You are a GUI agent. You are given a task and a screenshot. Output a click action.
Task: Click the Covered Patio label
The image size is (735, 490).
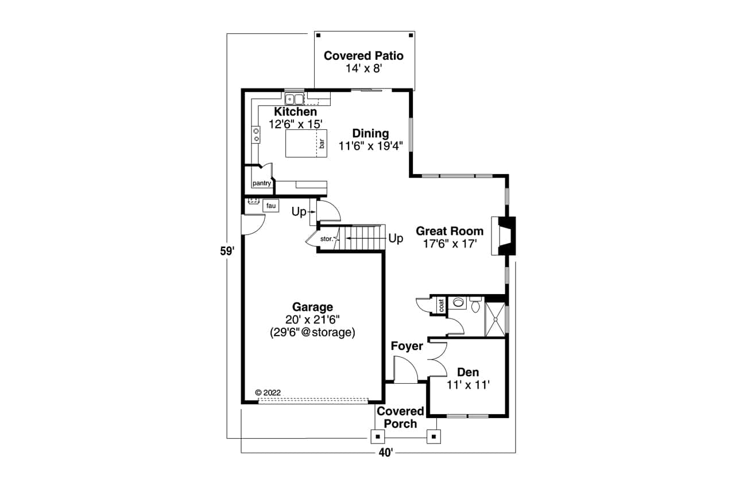363,56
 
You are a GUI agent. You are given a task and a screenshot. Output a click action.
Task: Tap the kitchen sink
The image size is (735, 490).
294,99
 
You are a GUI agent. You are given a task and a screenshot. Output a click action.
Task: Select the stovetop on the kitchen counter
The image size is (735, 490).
256,135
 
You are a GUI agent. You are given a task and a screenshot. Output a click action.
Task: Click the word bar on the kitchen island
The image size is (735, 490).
322,144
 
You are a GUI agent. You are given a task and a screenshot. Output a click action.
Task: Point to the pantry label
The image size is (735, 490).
262,183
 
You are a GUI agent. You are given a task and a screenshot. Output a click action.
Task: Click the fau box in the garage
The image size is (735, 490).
270,206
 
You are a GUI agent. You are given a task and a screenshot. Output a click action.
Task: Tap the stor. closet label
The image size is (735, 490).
327,239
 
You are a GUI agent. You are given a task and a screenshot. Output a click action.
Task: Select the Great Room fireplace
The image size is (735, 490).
504,236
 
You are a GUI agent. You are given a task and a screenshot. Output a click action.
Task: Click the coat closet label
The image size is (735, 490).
442,305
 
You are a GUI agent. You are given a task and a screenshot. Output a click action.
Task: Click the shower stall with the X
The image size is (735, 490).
496,319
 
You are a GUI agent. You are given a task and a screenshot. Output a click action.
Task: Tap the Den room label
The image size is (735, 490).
468,372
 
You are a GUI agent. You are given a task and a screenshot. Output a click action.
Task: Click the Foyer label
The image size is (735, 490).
407,346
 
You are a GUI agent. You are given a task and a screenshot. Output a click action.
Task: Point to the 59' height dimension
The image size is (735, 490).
227,251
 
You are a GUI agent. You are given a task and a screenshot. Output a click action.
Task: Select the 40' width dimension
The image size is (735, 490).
386,453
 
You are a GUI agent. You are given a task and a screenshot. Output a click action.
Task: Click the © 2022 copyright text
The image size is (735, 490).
268,392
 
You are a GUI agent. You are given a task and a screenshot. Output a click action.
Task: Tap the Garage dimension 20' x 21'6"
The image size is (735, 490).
312,319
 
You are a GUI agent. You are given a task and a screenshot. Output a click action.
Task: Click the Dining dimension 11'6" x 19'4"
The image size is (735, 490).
371,146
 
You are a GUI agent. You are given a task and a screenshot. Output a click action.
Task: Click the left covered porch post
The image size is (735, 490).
378,437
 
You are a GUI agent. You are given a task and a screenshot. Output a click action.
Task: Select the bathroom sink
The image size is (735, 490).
458,302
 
